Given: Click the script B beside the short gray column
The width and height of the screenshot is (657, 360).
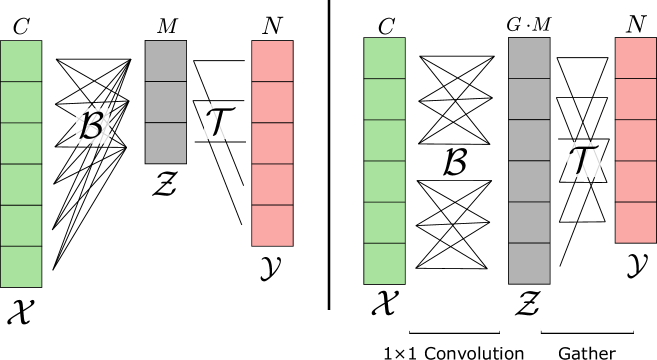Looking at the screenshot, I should click(91, 125).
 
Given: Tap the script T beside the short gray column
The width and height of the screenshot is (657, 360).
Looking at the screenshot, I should click(220, 121).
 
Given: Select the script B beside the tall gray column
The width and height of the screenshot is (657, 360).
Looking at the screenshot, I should click(456, 162).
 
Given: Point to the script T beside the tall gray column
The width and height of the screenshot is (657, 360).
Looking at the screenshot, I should click(584, 160).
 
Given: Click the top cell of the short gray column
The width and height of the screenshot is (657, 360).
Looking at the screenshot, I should click(165, 61).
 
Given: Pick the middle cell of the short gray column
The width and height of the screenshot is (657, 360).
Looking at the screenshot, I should click(165, 102).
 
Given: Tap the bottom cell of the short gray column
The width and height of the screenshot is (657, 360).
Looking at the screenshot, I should click(165, 143).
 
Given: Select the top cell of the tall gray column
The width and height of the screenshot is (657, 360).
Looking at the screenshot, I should click(529, 58).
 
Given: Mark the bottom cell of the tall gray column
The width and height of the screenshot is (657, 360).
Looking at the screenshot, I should click(529, 263).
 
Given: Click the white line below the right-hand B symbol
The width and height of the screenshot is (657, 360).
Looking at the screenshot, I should click(455, 329).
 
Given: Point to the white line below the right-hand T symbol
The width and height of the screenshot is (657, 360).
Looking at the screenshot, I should click(587, 329).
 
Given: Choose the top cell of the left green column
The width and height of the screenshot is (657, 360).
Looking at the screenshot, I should click(21, 61).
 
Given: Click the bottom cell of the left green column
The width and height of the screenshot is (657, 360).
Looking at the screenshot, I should click(21, 266).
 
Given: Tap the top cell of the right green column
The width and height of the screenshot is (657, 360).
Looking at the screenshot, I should click(384, 58).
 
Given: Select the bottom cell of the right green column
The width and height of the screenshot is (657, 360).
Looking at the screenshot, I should click(384, 263).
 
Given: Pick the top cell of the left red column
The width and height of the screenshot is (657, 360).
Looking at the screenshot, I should click(272, 61).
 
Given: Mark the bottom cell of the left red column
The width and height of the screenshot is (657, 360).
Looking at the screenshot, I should click(272, 225).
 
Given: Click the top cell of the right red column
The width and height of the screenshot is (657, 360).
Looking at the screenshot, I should click(635, 58).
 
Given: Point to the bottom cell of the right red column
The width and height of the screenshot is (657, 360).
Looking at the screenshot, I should click(635, 222).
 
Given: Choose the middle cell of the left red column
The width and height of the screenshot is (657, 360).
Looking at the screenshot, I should click(272, 143).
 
